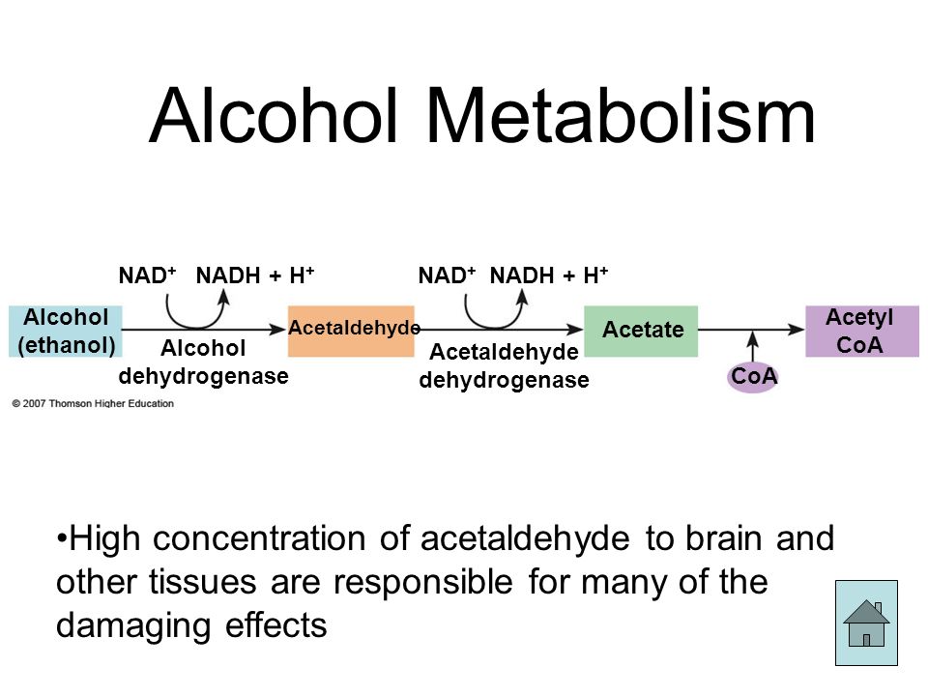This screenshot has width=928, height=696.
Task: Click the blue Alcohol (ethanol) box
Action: point(65,332)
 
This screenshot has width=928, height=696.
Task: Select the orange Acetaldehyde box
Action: point(351,331)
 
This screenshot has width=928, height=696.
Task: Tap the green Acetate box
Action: point(641,331)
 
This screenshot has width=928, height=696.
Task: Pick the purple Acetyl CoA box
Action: point(862,331)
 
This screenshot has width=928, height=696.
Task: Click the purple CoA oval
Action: point(753,376)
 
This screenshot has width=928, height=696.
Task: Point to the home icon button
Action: point(866,623)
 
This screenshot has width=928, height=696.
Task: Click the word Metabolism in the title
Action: point(621,115)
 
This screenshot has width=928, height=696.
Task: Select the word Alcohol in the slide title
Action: point(274,115)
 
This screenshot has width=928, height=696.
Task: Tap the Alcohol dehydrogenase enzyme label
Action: point(204,362)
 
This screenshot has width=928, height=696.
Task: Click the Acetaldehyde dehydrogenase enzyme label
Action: point(505,365)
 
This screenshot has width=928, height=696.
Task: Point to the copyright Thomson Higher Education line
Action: point(93,404)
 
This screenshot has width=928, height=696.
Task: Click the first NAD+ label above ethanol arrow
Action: point(147,275)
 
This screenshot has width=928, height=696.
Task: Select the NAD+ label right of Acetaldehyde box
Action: point(447,275)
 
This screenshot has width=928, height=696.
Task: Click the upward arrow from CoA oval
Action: point(752,346)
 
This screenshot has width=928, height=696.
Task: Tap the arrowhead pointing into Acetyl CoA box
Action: point(797,330)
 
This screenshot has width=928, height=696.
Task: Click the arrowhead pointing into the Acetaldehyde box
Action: point(278,330)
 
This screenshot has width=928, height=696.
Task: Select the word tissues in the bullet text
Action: point(203,582)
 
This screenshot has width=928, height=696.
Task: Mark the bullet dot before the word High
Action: point(61,539)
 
